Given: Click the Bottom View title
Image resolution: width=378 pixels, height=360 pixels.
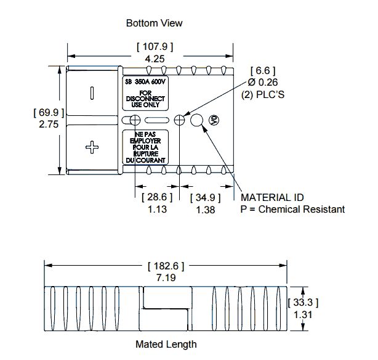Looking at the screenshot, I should [154, 23].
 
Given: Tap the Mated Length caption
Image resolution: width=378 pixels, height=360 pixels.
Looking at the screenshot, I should [166, 344].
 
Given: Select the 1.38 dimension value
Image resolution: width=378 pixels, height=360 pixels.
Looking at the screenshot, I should [205, 210].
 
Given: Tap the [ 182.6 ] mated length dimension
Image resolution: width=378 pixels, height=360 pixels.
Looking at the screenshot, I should [166, 266].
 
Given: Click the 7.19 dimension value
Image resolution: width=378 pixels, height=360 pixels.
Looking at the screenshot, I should [166, 278].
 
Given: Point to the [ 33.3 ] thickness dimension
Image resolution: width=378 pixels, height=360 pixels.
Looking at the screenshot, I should [303, 302].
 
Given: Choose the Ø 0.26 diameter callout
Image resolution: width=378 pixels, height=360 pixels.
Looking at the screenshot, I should [264, 82].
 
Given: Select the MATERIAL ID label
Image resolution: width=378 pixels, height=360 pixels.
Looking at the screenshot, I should [273, 197].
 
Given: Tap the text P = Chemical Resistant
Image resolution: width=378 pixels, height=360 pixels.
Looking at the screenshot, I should [292, 210].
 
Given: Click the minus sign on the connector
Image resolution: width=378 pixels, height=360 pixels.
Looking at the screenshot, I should [92, 92].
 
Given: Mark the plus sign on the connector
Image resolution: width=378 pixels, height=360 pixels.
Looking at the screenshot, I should [92, 147].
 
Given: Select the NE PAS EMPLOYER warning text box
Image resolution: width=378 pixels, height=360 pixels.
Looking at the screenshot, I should [146, 147].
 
